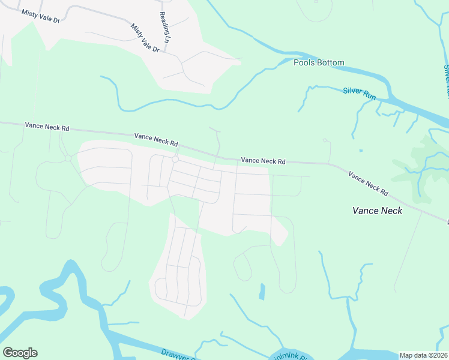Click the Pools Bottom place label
pos(319,62)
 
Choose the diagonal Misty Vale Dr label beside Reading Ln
pos(145,37)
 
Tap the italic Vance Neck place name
pos(377,211)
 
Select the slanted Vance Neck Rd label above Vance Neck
pos(368,184)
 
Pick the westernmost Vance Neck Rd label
pos(47,127)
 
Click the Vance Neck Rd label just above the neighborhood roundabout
pos(156,140)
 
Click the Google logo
pos(20,353)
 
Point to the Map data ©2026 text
pos(423,355)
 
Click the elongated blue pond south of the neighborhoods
pos(262,292)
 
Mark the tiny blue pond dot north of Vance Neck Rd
pos(360,151)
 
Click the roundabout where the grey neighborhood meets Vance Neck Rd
pos(175,159)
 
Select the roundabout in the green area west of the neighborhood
pos(68,158)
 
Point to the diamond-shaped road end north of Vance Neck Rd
pos(326,141)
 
